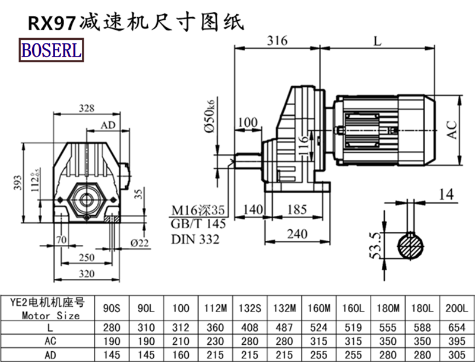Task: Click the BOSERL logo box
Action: [x=51, y=51]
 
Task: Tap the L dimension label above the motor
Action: [x=378, y=40]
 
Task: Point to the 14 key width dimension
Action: [x=446, y=193]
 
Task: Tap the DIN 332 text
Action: [x=195, y=240]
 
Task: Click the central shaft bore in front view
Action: [x=87, y=200]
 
